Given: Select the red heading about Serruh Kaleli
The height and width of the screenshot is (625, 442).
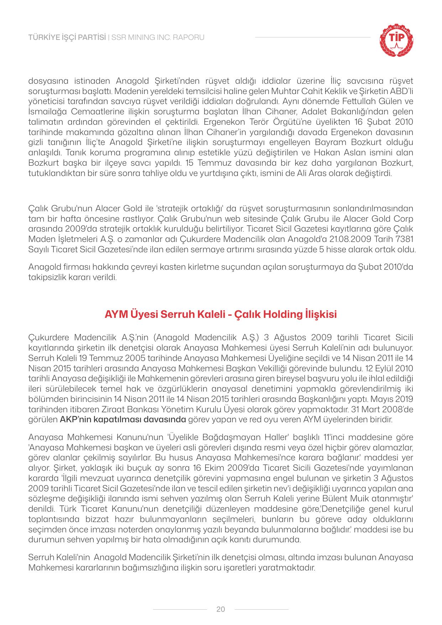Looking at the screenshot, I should coord(221,315).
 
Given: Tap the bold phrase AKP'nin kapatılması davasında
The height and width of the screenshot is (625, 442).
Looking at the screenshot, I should coord(123,419).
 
